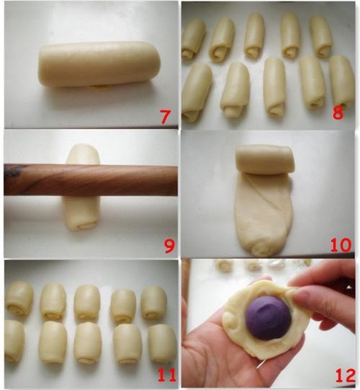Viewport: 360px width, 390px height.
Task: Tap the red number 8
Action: pos(338,112)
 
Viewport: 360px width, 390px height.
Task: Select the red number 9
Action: pos(169,246)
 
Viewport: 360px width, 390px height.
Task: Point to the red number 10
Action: pos(341,244)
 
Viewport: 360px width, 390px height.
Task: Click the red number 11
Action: pos(167,375)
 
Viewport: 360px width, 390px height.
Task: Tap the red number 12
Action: pos(345,375)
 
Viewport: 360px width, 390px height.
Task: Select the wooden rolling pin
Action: pos(91,180)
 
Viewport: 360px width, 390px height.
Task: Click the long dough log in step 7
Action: pos(99,64)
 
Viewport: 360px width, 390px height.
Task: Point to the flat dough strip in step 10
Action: pos(263,214)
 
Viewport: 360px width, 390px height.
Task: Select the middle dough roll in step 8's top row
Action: pos(254,35)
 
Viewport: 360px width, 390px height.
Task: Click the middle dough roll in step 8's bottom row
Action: pos(274,87)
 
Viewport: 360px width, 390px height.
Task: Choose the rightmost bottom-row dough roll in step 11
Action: pos(162,343)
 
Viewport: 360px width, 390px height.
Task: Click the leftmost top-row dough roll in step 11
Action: pos(19,298)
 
